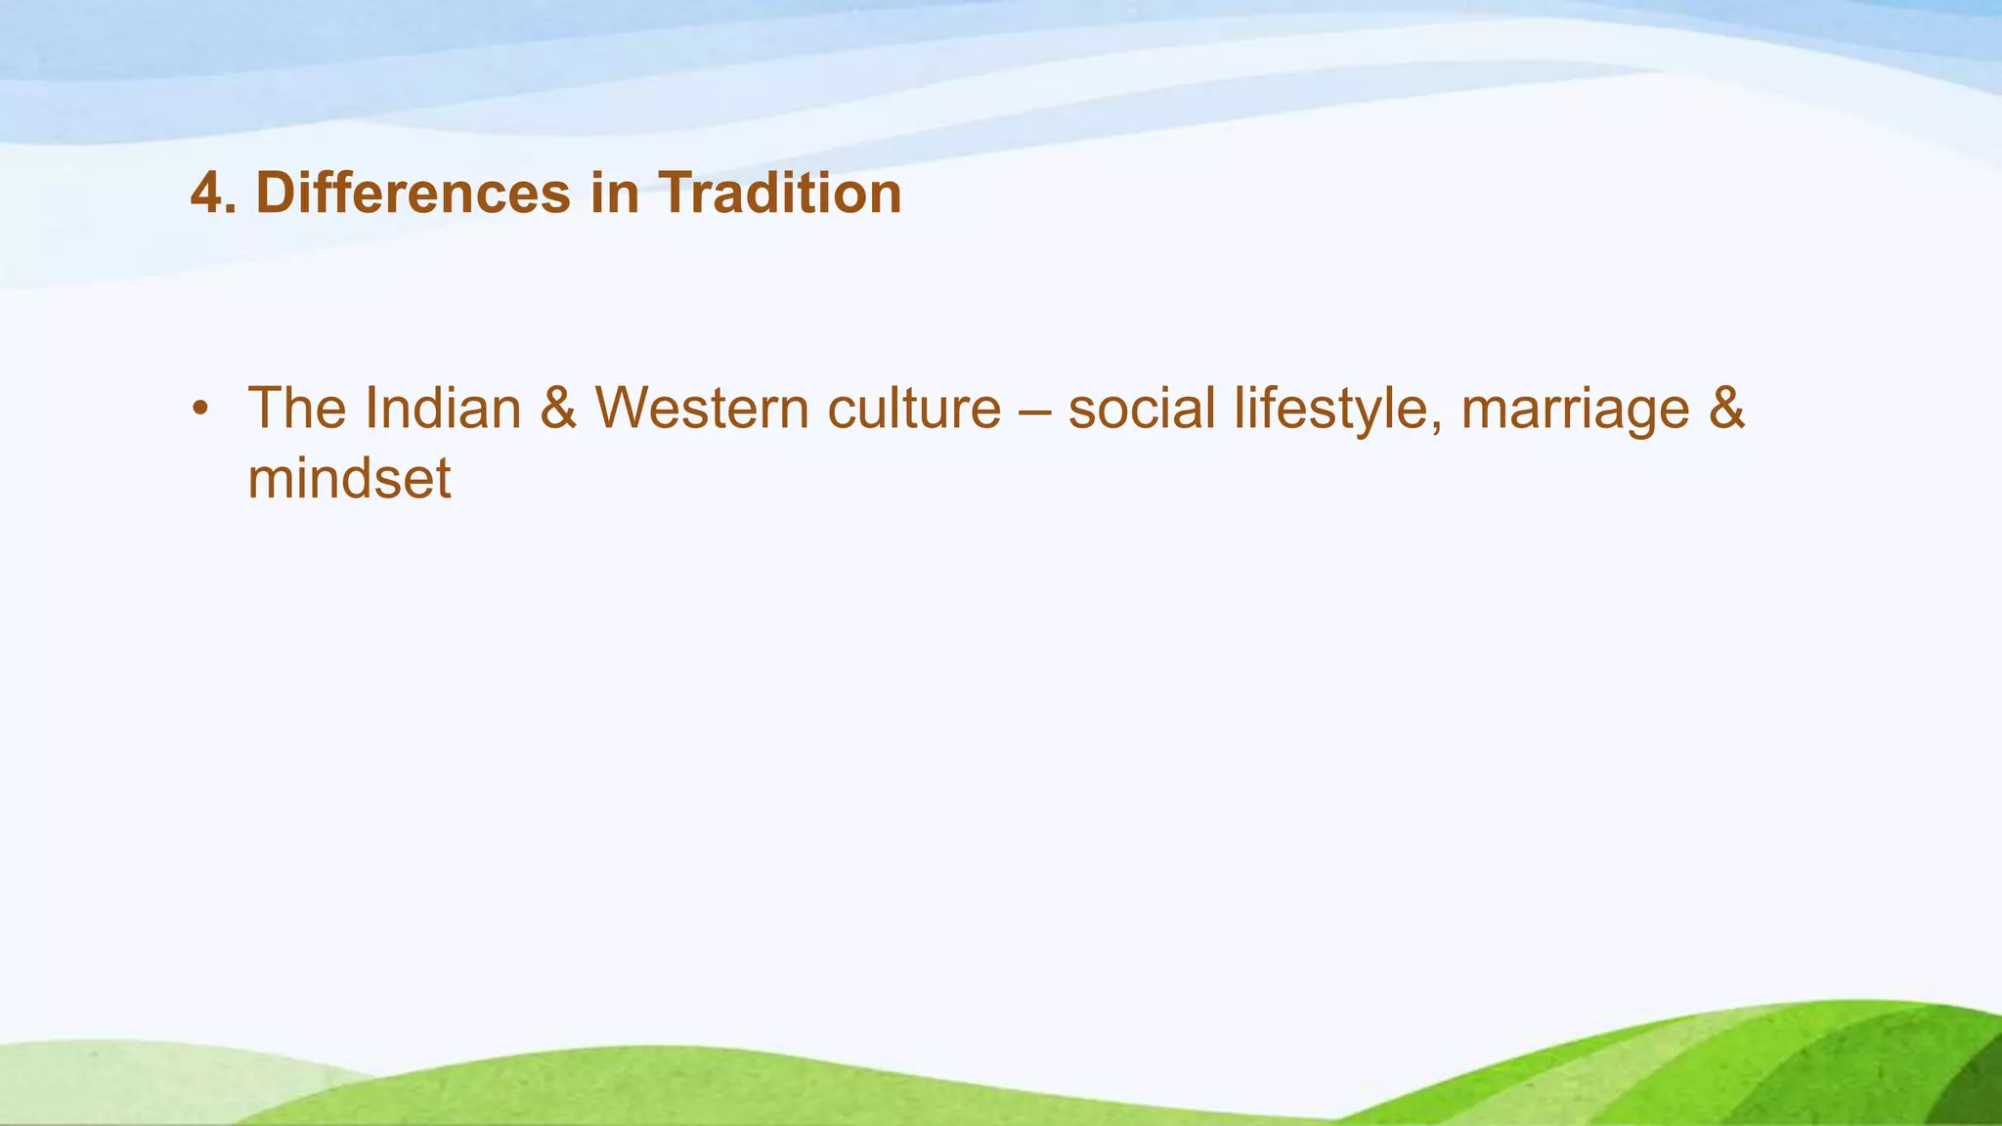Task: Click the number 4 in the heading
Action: pos(208,194)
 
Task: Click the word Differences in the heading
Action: pos(413,194)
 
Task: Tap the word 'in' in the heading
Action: pos(615,194)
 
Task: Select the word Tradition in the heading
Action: pos(779,194)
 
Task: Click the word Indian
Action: pos(443,409)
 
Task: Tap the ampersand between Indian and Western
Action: pos(558,409)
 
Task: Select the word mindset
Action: pos(349,479)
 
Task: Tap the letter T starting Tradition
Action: pos(675,194)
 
